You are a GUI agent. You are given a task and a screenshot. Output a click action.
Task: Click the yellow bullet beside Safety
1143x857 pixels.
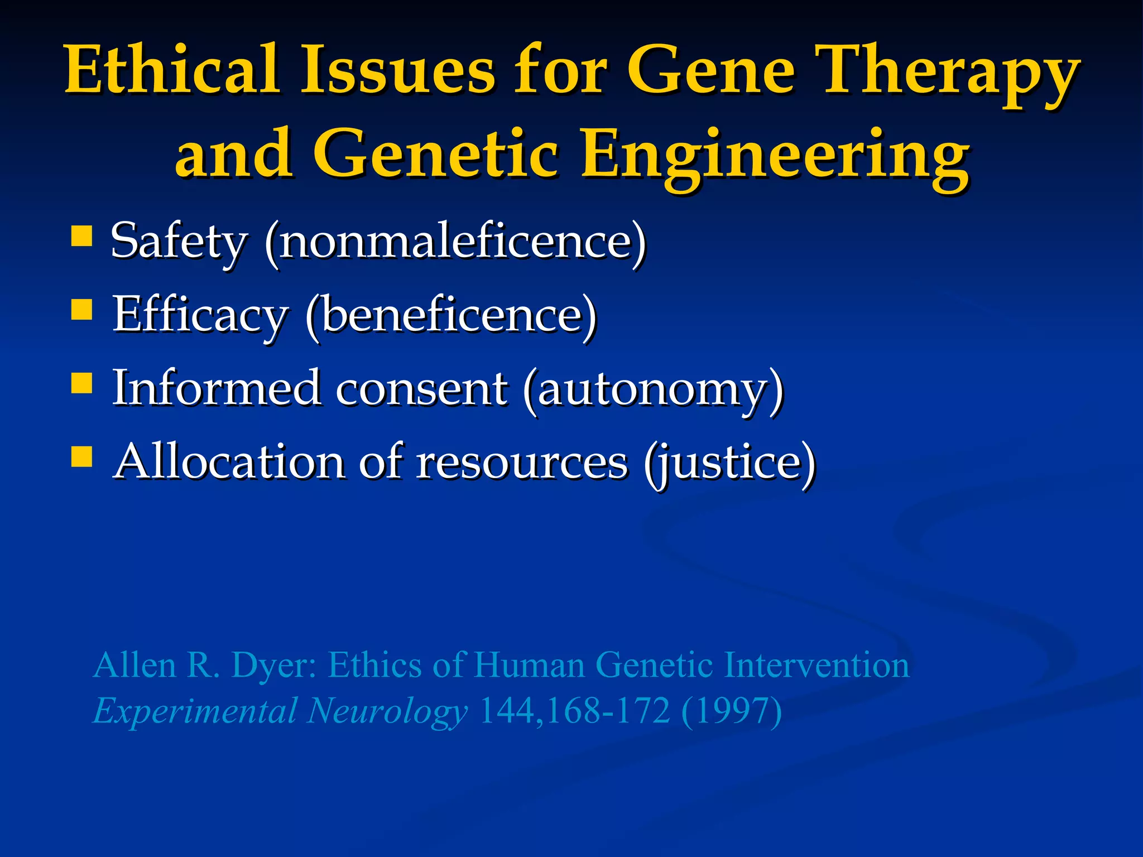click(82, 235)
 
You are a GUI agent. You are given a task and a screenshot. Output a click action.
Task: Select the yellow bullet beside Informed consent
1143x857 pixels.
click(82, 383)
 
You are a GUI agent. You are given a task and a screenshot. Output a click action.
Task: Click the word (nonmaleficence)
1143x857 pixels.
click(455, 242)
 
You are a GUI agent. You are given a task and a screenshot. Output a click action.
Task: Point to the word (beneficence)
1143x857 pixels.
click(451, 316)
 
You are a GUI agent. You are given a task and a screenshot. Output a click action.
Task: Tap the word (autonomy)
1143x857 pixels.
click(654, 389)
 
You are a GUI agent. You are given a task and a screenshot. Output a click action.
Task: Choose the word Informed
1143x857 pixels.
click(217, 388)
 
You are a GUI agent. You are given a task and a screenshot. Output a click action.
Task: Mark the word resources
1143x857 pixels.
click(522, 463)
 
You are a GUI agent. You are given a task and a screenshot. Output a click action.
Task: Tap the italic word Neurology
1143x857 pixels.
click(387, 712)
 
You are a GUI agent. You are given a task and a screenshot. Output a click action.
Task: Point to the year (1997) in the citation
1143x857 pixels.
click(731, 711)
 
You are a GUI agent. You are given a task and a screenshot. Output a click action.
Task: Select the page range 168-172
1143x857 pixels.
click(608, 711)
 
